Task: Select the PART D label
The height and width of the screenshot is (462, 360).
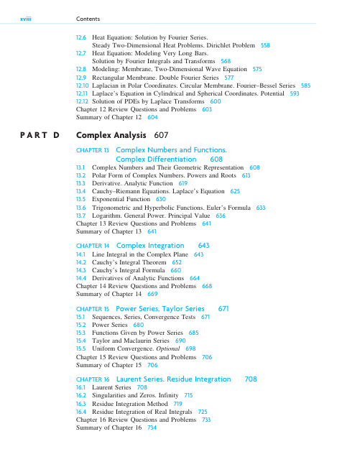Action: (x=39, y=135)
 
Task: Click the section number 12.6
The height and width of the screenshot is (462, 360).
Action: (x=81, y=36)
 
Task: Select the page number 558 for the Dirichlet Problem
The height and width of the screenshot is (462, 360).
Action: (x=265, y=45)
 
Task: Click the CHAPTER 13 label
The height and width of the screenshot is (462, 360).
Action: (x=89, y=149)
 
